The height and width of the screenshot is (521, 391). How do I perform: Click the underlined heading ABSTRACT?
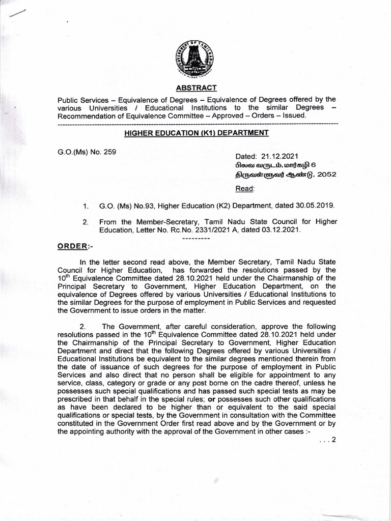tap(195, 88)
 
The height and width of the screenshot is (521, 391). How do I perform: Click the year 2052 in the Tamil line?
tap(325, 175)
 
